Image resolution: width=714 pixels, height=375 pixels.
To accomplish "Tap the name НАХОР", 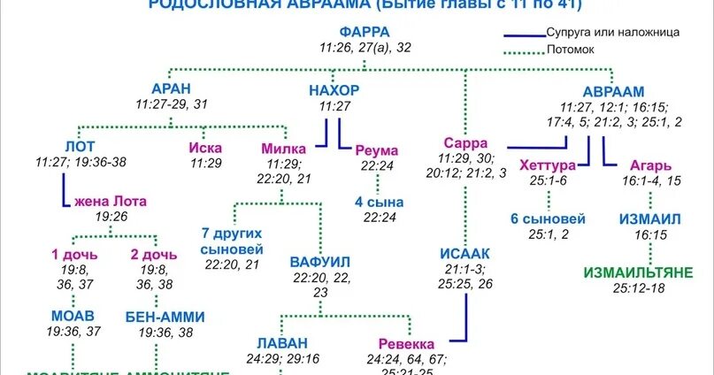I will point(334,90).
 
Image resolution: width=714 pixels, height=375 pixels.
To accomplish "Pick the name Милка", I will point(284,148).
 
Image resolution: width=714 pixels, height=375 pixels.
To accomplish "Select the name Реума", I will point(377,150).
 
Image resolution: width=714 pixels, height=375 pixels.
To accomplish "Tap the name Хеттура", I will point(548,165).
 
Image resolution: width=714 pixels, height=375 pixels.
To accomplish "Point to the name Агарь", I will point(650,165).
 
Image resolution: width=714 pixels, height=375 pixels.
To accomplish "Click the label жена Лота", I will point(111,200).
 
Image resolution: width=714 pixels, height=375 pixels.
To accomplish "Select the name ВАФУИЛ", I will point(320,262).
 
